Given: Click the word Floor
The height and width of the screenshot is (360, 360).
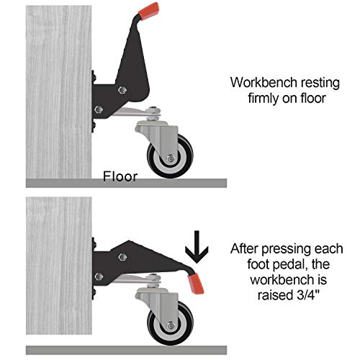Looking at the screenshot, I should pos(120,176).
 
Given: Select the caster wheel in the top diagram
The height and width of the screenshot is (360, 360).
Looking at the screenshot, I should pos(172,156).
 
